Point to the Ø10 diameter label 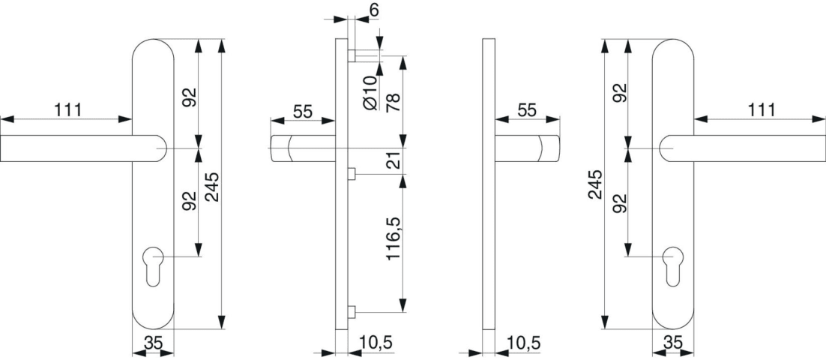click(371, 93)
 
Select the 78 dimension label click(394, 103)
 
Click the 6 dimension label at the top click(375, 9)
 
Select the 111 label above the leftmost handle click(67, 110)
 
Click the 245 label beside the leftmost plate click(213, 187)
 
